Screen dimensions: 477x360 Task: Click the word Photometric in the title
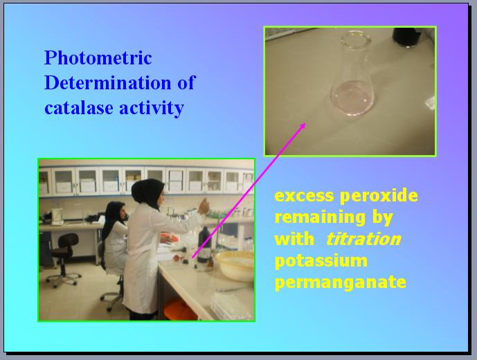(98, 57)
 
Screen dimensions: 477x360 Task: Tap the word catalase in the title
(78, 108)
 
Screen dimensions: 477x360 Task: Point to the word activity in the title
(152, 109)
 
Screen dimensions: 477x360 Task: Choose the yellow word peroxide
(379, 197)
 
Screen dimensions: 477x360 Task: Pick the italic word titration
(363, 239)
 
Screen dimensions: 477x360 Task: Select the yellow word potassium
(321, 261)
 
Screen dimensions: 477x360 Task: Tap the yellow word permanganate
(341, 282)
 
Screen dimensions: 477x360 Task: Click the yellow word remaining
(320, 218)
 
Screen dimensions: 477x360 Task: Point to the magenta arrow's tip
(305, 123)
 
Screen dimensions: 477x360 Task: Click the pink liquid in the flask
(352, 98)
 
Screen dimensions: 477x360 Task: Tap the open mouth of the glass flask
(356, 39)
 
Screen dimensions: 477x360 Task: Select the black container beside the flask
(407, 37)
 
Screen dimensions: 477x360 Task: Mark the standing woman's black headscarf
(147, 194)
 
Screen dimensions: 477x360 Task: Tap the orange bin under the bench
(179, 309)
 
